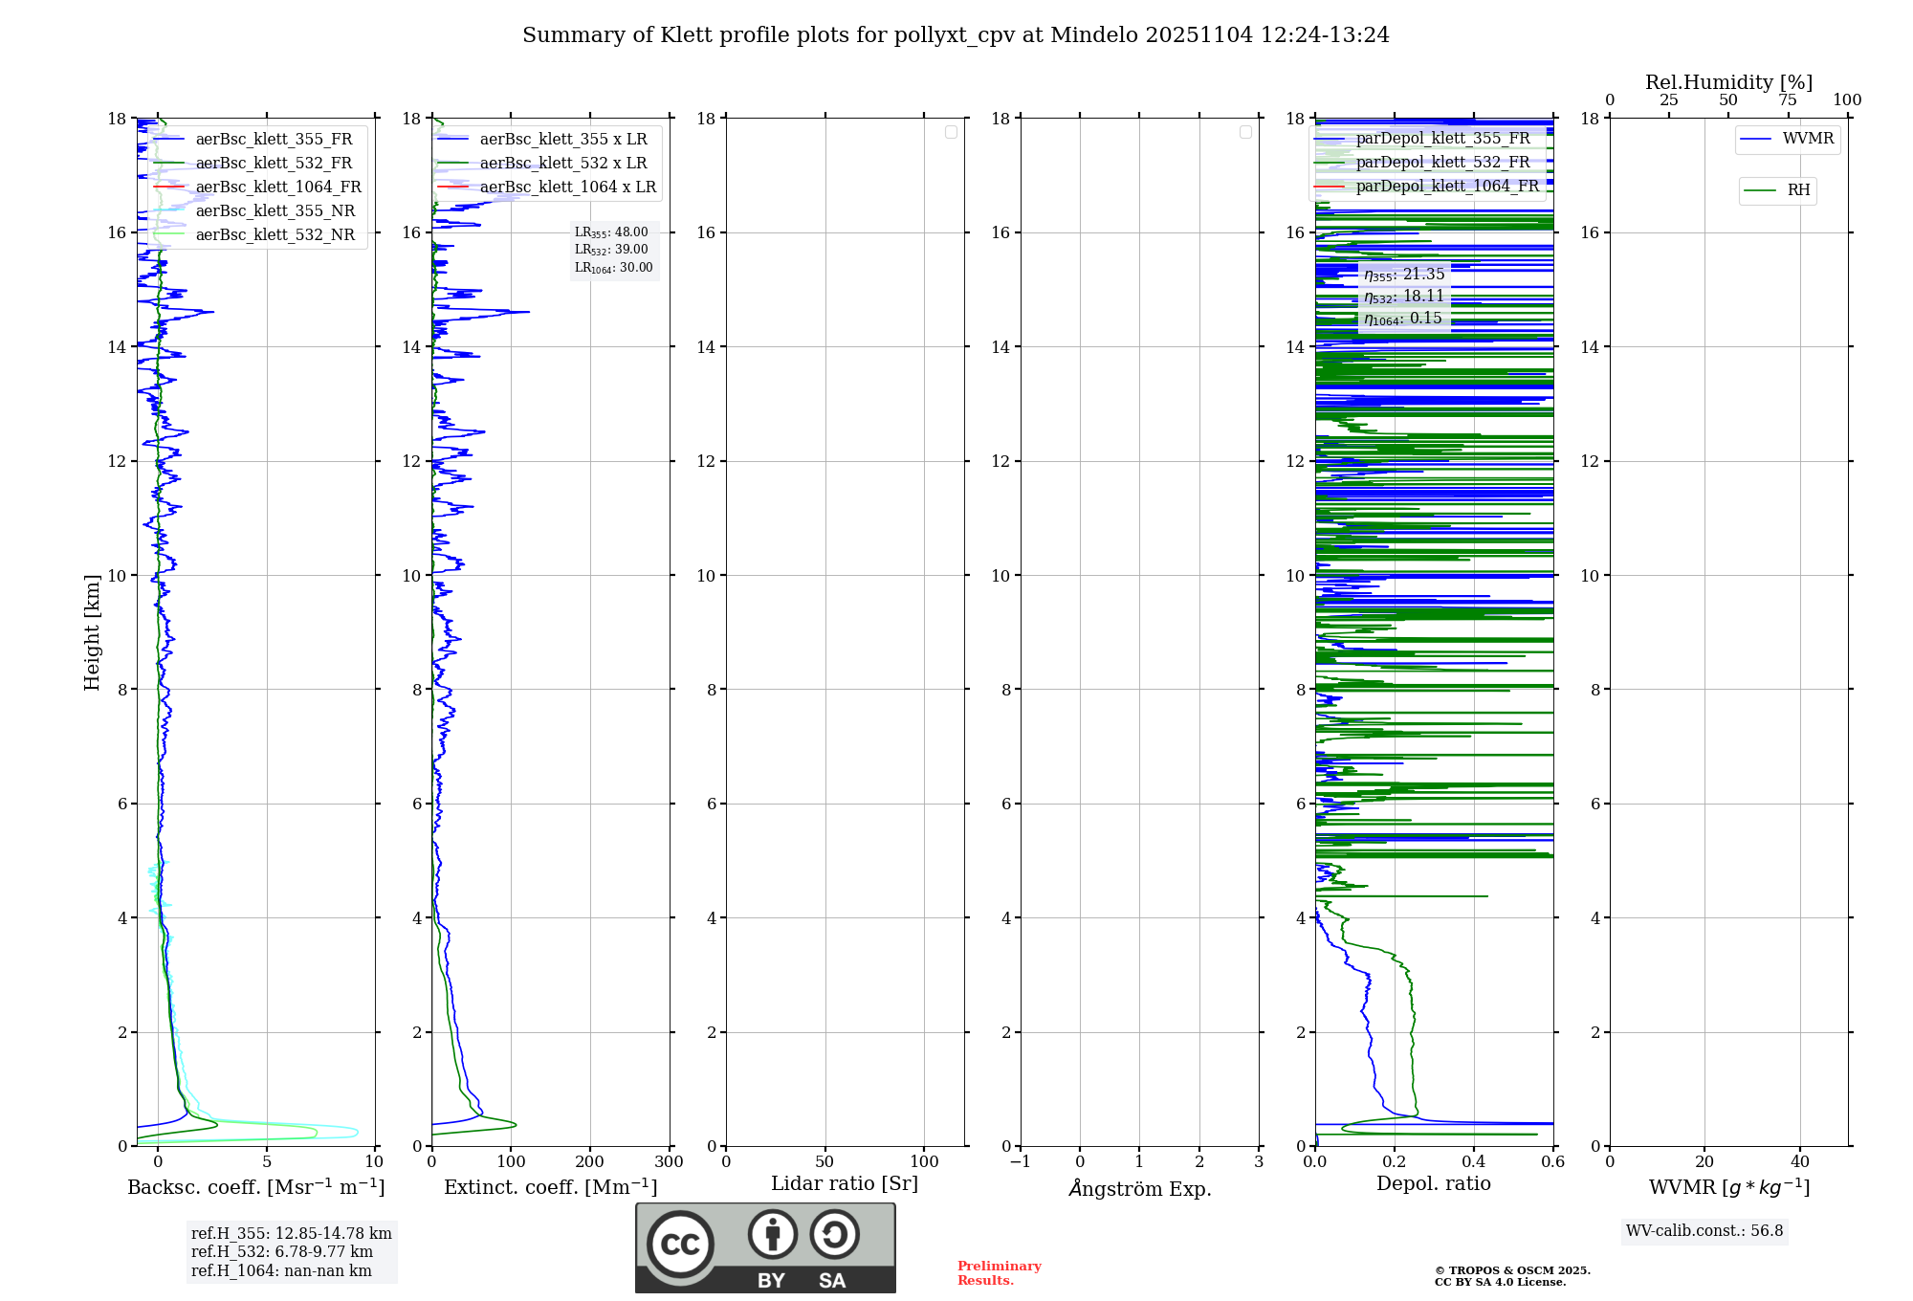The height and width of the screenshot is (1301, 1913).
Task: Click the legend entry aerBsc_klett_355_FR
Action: click(x=274, y=140)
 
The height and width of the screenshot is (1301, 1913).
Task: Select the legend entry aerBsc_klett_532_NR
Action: click(x=275, y=235)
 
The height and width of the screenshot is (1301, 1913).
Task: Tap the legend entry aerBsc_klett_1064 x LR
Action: click(x=567, y=187)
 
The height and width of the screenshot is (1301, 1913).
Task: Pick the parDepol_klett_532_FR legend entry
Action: click(x=1442, y=163)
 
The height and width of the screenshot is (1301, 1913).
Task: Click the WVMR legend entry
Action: click(x=1808, y=139)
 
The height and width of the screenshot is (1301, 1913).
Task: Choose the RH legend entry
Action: click(x=1798, y=190)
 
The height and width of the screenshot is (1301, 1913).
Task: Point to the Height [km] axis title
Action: click(x=92, y=632)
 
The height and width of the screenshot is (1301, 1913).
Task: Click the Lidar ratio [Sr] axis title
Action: click(x=845, y=1184)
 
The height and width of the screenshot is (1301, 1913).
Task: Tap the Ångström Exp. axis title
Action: click(x=1140, y=1189)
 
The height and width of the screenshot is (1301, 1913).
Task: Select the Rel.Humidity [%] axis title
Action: click(x=1728, y=82)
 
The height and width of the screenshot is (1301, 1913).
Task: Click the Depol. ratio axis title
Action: click(x=1433, y=1184)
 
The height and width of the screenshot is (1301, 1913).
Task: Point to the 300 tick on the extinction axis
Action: click(x=670, y=1162)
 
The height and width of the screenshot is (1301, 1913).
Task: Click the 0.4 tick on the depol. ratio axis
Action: click(x=1474, y=1162)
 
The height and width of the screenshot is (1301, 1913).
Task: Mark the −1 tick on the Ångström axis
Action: click(x=1021, y=1162)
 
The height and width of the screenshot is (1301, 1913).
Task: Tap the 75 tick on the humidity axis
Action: click(x=1788, y=100)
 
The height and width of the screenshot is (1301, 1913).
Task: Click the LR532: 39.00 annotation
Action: click(x=611, y=250)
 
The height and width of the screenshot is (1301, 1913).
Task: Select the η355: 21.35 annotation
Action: click(x=1403, y=275)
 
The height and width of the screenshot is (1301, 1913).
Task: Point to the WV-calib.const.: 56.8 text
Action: click(x=1704, y=1231)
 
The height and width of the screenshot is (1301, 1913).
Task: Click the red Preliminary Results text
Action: click(x=999, y=1273)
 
